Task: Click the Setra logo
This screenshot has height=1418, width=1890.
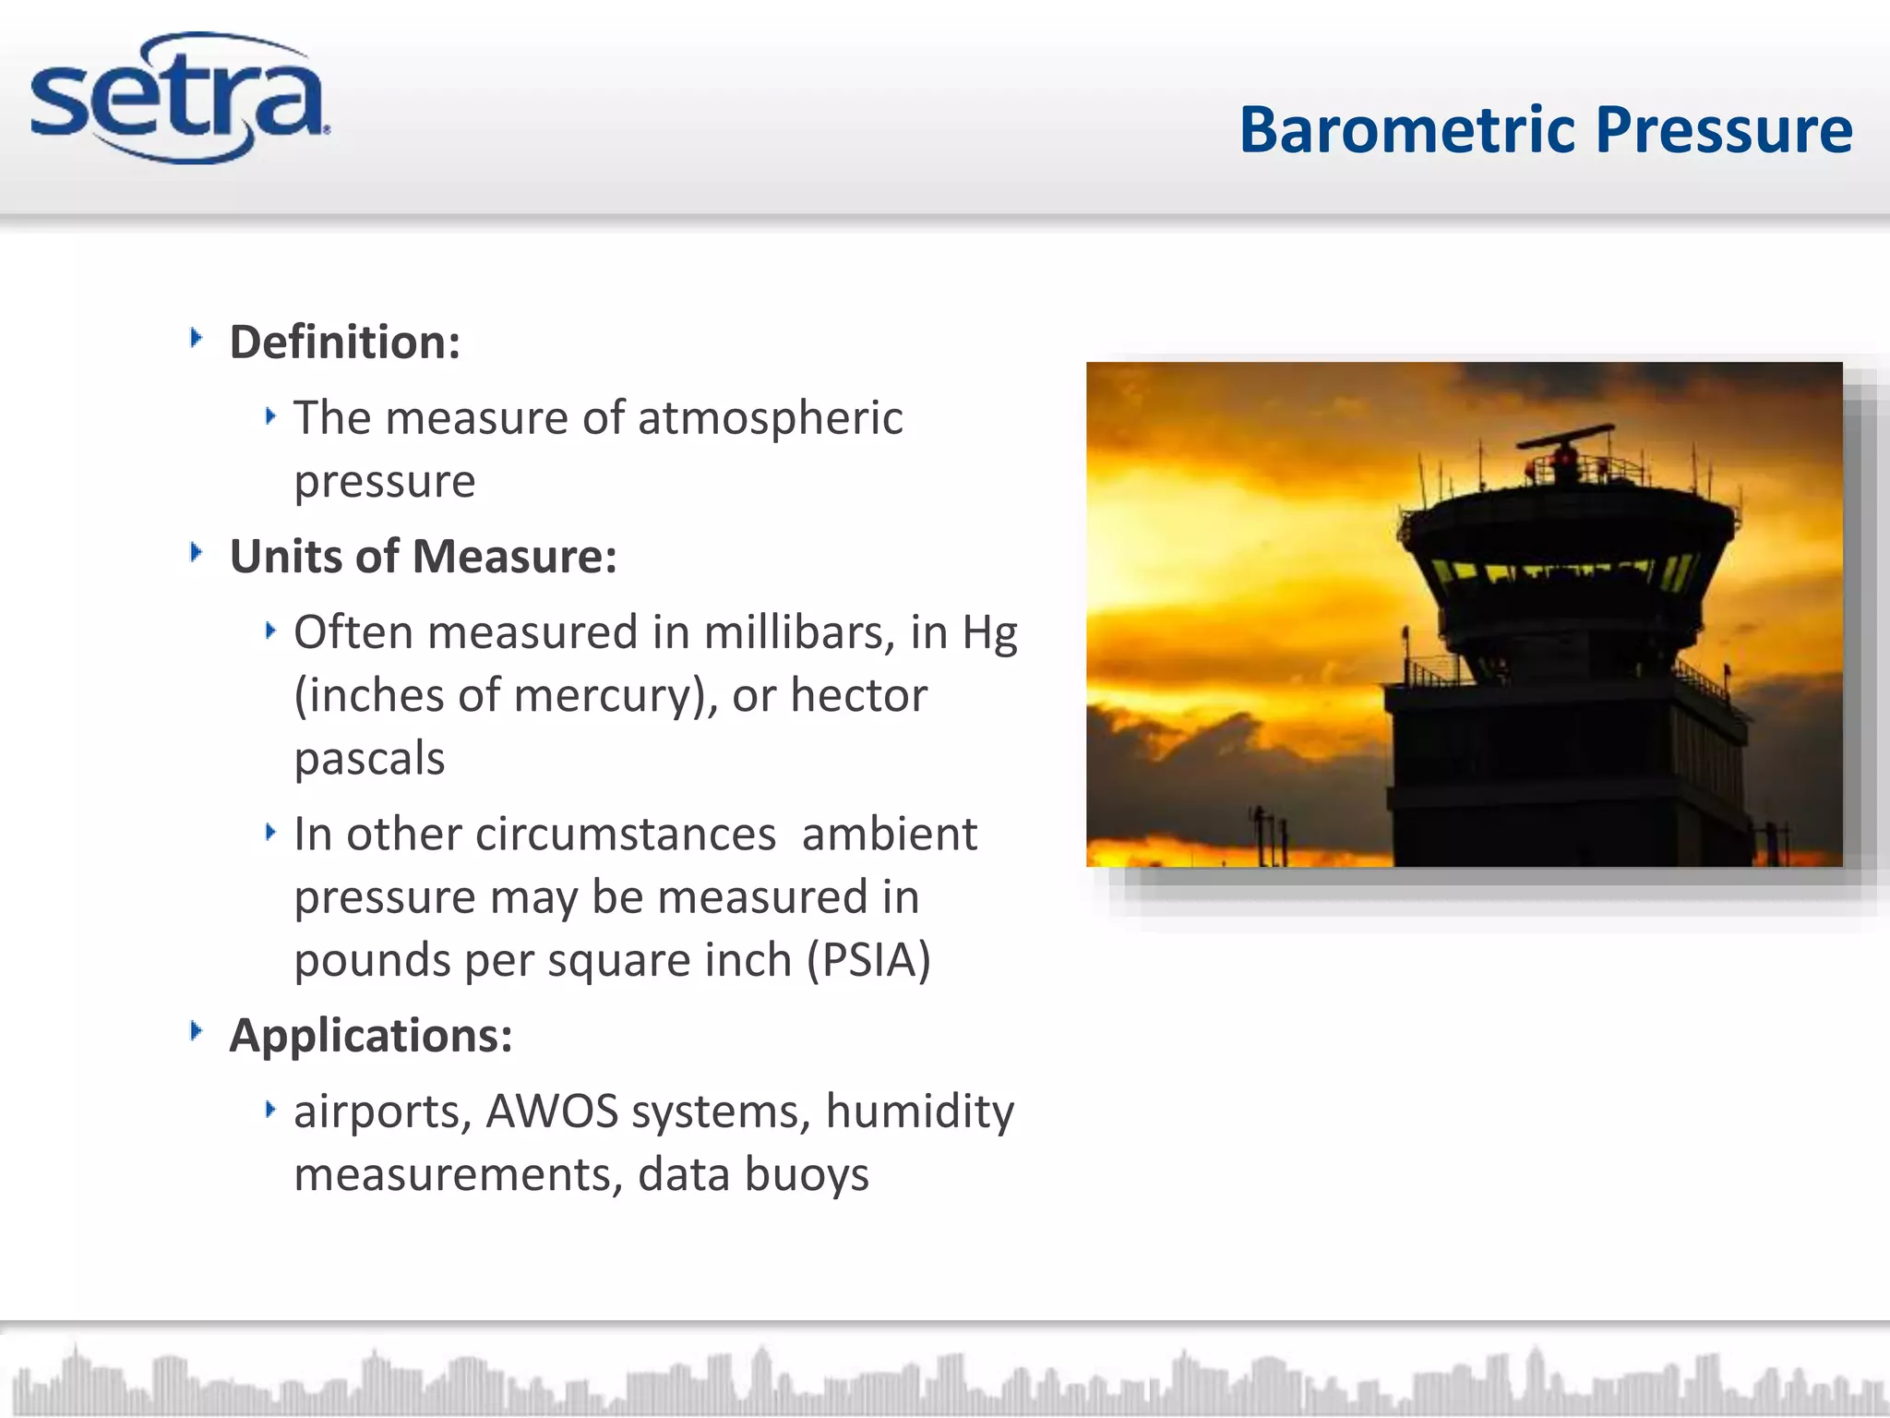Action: coord(180,99)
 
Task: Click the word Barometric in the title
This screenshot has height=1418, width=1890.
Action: coord(1406,129)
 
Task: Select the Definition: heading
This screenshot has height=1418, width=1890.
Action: coord(344,342)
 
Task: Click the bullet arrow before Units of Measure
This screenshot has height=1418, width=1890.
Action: coord(196,553)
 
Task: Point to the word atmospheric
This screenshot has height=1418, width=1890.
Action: coord(770,418)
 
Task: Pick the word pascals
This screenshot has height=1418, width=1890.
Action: coord(369,759)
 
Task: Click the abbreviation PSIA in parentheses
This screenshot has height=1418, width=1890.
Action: coord(867,960)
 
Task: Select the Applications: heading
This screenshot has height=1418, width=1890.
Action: coord(370,1036)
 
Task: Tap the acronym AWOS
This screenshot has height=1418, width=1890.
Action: coord(552,1112)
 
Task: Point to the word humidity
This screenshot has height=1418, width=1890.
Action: coord(919,1112)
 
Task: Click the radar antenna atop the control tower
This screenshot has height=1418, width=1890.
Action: coord(1566,439)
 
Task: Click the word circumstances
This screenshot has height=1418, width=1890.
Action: coord(627,835)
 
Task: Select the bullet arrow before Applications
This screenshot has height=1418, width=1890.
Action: coord(196,1031)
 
